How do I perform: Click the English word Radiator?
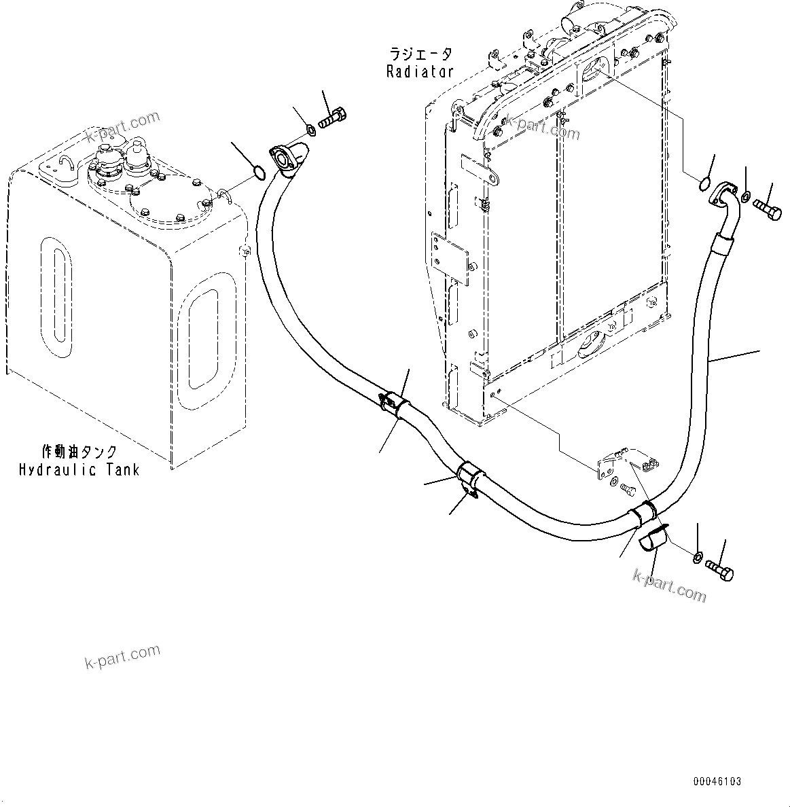tap(419, 72)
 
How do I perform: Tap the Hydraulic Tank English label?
tap(79, 469)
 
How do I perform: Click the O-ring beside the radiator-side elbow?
tap(705, 183)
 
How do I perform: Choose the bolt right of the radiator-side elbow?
tap(768, 208)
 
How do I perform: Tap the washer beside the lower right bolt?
tap(697, 558)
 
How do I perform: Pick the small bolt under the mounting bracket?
tap(628, 488)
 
